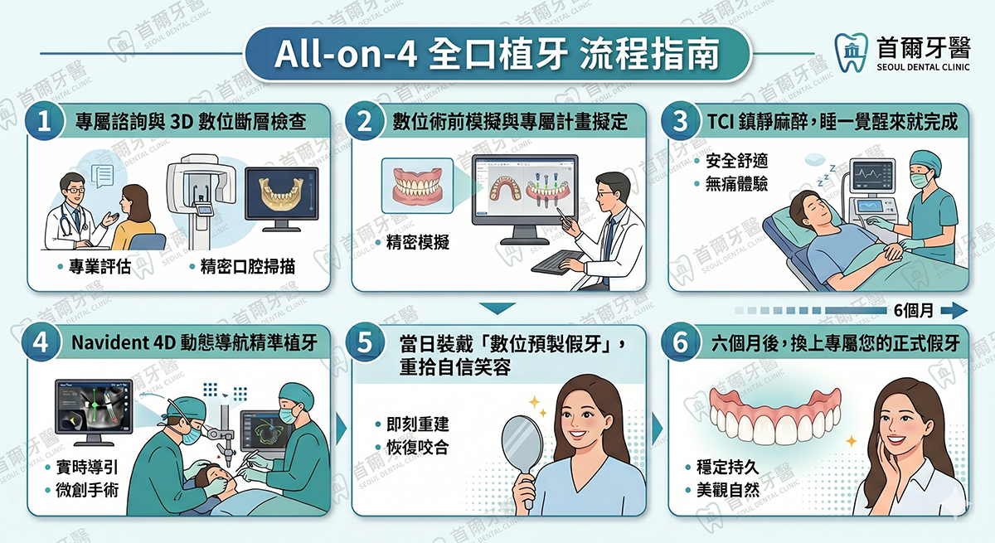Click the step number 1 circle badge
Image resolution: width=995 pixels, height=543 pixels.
[x=43, y=121]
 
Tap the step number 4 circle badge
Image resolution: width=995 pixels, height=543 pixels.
[x=41, y=342]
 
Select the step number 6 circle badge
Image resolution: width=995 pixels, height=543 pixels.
[x=680, y=342]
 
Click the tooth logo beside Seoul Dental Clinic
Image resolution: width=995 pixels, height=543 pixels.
[x=850, y=52]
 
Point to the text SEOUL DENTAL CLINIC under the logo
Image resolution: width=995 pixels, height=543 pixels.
[x=923, y=67]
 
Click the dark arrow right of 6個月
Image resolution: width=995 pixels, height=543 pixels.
[x=954, y=310]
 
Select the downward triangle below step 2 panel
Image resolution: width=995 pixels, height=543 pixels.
[x=498, y=308]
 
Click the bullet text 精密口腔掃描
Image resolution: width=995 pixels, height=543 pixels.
[x=247, y=267]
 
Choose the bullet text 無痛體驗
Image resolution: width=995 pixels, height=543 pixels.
[x=736, y=184]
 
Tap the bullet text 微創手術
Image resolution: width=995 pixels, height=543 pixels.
[x=87, y=490]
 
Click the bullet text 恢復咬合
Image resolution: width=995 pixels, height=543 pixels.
[x=418, y=448]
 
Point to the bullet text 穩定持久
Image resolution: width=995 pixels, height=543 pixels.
[x=728, y=467]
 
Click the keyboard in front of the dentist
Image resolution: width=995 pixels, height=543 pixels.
[x=558, y=262]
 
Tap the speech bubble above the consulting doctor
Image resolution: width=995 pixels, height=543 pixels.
[x=103, y=176]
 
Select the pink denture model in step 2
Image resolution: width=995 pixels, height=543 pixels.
[x=417, y=186]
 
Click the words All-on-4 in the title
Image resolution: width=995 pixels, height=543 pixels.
[x=345, y=55]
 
